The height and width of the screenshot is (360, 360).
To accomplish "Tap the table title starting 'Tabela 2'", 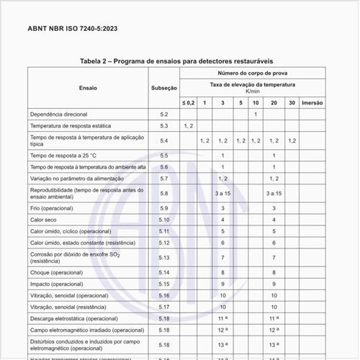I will pos(176,61).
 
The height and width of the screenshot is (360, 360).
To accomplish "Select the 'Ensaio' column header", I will pos(89,88).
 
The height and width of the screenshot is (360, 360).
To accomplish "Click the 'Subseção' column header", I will pos(163,88).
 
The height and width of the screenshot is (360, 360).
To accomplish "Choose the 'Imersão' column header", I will pos(312,103).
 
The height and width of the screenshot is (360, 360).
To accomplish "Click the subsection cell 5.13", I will pos(163,257).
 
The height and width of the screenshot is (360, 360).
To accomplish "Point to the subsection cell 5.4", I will pos(163,140).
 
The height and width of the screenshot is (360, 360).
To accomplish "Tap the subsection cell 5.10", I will pos(163,219).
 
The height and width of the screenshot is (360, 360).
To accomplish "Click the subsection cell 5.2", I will pos(163,114).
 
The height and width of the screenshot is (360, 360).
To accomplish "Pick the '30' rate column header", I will pos(291,103).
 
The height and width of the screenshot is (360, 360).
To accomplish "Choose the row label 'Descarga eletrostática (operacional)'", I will pos(74,318).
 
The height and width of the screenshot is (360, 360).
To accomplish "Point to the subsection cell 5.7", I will pos(163,178).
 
